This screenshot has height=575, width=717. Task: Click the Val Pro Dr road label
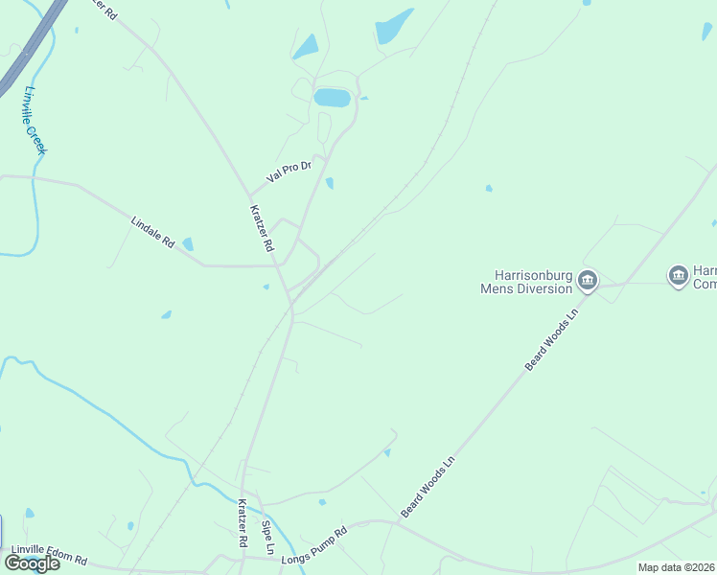(x=289, y=172)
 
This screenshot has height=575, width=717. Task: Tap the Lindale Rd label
(x=152, y=233)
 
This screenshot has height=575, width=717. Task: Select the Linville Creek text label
(x=35, y=120)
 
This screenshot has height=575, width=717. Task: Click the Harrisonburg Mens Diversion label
(x=526, y=281)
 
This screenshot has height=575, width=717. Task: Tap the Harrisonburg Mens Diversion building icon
(x=588, y=281)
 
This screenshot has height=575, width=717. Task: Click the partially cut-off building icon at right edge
(x=678, y=276)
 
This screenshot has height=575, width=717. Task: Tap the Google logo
(x=32, y=563)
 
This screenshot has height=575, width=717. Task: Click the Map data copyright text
(x=677, y=567)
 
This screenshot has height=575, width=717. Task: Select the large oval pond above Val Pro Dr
(x=332, y=98)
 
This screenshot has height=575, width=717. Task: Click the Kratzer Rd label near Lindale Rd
(x=262, y=228)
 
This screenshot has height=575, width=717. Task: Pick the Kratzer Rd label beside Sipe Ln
(x=243, y=523)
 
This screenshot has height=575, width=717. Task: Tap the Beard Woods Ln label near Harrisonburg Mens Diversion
(x=554, y=339)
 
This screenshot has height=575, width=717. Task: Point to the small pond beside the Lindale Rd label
(x=188, y=244)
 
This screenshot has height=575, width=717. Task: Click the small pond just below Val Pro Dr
(x=330, y=183)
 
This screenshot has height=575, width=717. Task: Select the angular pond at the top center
(x=393, y=27)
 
